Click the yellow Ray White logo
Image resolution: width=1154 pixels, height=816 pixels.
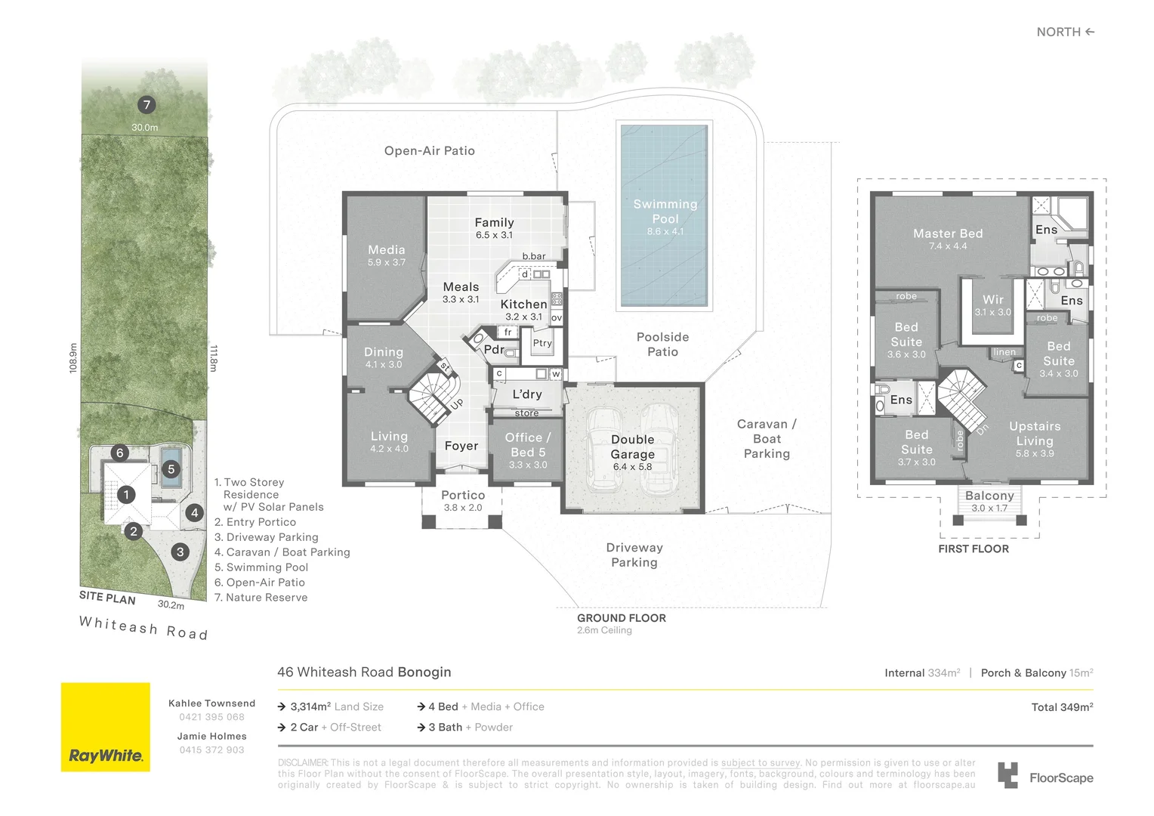pos(106,727)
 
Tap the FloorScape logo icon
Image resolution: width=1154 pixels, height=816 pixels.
pos(1007,775)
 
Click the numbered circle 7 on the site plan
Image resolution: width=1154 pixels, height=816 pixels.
pos(147,105)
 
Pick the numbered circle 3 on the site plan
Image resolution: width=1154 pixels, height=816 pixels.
pos(181,552)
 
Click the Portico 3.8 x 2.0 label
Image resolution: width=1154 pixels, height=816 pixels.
pos(463,500)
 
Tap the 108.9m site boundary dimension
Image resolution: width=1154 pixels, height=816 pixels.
pos(74,358)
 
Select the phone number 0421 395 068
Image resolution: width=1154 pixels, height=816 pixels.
pos(211,717)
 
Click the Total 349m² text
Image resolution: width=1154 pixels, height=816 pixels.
pos(1063,707)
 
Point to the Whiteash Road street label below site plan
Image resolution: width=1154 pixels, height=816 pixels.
pos(143,628)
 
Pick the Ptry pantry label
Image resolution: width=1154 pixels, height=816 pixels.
pos(542,343)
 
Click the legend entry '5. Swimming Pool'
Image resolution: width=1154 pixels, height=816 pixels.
pos(261,567)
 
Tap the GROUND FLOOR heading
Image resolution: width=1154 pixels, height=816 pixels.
pos(622,618)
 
